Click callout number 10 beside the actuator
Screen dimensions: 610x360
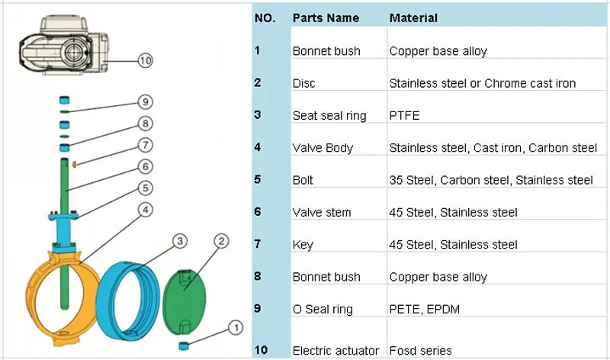click(x=146, y=59)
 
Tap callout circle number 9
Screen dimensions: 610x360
click(x=146, y=102)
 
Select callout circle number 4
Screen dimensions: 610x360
click(x=146, y=208)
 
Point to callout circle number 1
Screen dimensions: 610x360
click(x=235, y=328)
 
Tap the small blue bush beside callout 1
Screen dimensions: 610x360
click(x=184, y=346)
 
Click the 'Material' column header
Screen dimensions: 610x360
click(x=413, y=18)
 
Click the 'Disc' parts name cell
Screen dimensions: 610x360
click(x=303, y=83)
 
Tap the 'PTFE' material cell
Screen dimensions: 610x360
click(x=404, y=116)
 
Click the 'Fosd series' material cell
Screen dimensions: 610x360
click(x=421, y=351)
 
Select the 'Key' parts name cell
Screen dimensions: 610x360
click(x=302, y=244)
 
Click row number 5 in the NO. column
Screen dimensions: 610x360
click(x=258, y=180)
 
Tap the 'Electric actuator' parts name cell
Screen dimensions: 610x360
click(x=335, y=351)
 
